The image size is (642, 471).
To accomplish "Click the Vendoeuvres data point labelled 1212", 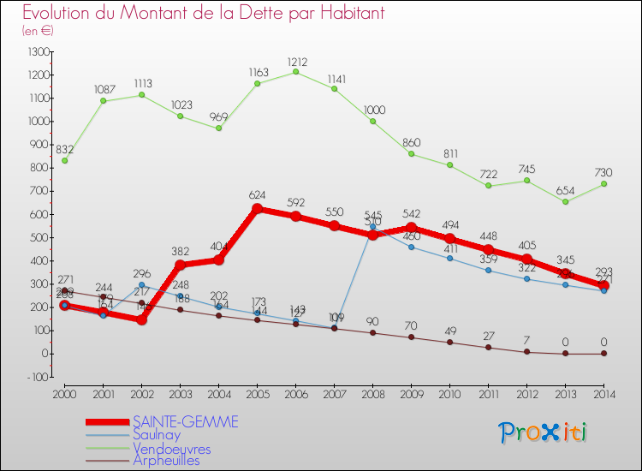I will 295,72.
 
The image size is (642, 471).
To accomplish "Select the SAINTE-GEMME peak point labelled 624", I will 257,208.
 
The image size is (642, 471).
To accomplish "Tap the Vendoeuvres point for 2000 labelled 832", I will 64,160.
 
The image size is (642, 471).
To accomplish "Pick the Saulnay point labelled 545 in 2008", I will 372,227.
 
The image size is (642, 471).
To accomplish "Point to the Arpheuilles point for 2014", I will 603,353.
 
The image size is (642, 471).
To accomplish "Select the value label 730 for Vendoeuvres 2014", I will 603,172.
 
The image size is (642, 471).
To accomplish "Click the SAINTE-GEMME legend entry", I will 185,421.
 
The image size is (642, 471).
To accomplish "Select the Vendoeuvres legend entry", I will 171,448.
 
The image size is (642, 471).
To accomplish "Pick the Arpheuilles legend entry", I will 166,461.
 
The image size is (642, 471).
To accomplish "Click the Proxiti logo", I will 544,432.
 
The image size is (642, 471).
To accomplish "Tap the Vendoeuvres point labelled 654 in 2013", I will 565,201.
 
